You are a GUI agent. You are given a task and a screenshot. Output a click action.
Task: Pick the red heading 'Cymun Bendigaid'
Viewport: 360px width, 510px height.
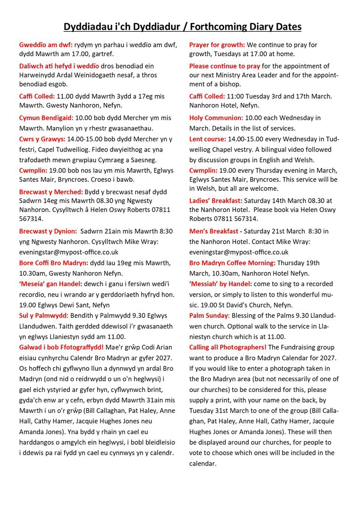coord(45,117)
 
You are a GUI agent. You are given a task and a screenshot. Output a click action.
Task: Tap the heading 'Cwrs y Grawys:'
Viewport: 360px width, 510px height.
coord(42,139)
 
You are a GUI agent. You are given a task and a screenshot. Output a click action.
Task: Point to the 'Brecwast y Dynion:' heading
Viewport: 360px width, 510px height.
coord(48,231)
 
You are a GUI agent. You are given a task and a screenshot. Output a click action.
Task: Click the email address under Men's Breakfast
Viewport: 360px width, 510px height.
coord(239,252)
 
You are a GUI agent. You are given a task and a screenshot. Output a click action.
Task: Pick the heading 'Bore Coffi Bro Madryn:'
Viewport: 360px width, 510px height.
coord(54,263)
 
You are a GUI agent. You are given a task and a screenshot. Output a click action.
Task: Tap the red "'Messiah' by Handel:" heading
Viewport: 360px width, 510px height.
coord(221,284)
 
